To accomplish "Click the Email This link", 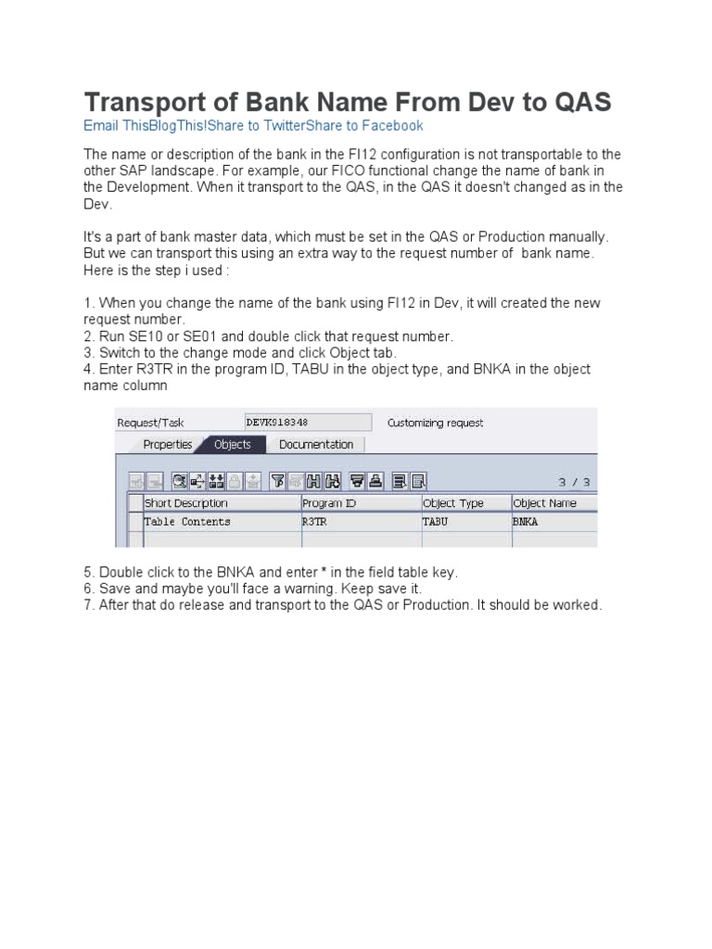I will (114, 126).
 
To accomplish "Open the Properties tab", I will (167, 445).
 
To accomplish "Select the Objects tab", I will (233, 445).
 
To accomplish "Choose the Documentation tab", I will (315, 445).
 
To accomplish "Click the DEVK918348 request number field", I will (307, 423).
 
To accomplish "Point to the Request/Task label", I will (150, 423).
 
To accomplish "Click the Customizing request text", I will (435, 423).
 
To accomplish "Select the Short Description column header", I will (186, 503).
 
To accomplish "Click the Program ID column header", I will (329, 503).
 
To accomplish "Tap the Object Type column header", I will (453, 503).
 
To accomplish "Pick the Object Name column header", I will (545, 503).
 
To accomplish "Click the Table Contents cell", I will (187, 522).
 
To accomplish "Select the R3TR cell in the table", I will (315, 522).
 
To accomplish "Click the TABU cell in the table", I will (436, 522).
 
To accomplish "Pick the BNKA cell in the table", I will (526, 522).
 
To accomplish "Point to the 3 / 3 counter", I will (574, 482).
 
